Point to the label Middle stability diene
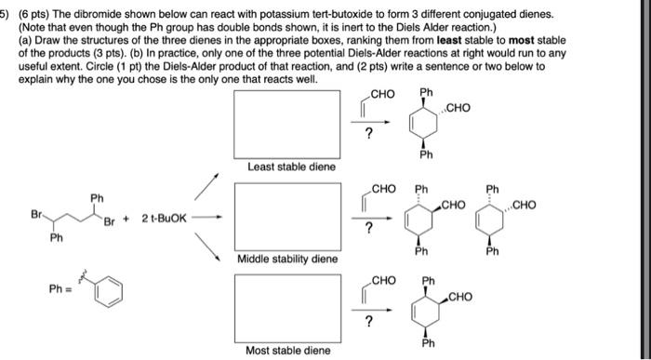coord(288,259)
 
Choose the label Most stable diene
coord(287,350)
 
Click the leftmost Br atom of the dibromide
coord(37,214)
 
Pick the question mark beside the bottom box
coord(368,322)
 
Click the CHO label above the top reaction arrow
coord(382,94)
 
